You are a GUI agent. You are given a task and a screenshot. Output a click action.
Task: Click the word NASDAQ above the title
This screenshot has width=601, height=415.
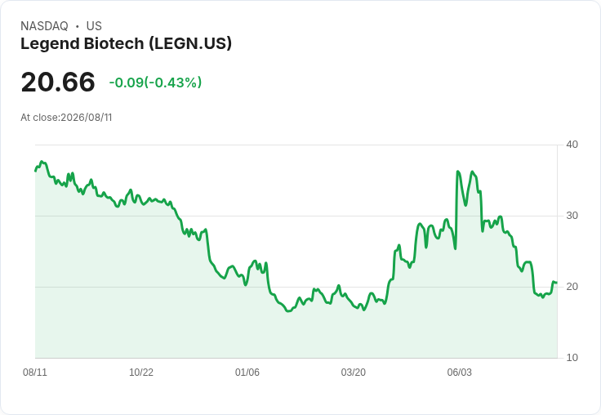44,26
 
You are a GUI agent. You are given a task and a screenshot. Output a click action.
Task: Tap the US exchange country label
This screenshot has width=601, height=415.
94,26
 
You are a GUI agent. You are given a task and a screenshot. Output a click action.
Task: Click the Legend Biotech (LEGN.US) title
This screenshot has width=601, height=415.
126,44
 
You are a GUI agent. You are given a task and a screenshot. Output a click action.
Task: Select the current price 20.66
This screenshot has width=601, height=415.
58,82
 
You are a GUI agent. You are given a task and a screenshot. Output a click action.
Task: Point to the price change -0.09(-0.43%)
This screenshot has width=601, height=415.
155,83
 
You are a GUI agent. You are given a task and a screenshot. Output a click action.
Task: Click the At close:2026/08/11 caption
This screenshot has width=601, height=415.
66,118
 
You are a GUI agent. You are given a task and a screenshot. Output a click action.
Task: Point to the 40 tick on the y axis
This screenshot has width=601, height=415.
572,145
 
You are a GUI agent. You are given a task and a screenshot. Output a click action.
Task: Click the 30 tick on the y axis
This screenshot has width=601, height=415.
572,216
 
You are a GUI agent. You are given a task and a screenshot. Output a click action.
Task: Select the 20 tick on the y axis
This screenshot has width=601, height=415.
572,287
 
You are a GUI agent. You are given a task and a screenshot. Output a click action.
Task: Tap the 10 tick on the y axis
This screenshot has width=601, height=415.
572,358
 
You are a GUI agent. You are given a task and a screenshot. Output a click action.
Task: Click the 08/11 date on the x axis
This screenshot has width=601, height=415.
35,372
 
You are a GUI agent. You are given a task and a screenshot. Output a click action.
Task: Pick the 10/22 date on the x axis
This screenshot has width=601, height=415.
141,372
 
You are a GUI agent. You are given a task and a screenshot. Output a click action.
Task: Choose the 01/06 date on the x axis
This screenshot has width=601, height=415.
247,372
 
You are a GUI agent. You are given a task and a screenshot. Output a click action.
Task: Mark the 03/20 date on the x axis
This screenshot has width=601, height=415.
353,372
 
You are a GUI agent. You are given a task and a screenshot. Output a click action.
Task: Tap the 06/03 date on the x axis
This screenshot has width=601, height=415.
459,372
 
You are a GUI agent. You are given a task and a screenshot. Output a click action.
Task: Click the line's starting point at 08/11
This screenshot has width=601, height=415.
35,171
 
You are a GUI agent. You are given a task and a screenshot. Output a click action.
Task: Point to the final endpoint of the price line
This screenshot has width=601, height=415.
557,283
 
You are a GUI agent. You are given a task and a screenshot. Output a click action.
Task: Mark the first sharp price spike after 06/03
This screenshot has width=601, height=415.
457,172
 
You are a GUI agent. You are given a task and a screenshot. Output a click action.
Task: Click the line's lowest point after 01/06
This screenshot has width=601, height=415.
288,311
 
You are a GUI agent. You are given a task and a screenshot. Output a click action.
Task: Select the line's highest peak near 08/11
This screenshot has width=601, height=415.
42,162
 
